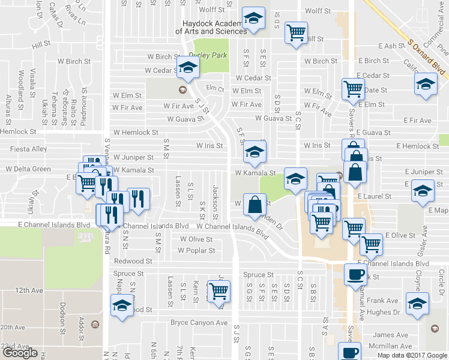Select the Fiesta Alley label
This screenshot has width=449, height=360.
click(28, 149)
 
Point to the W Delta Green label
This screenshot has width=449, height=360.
click(28, 169)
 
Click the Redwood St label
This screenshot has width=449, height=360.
click(133, 262)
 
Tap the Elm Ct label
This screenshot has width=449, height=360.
click(214, 89)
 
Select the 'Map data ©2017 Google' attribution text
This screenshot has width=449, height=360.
click(412, 355)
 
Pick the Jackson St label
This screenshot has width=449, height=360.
click(214, 201)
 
